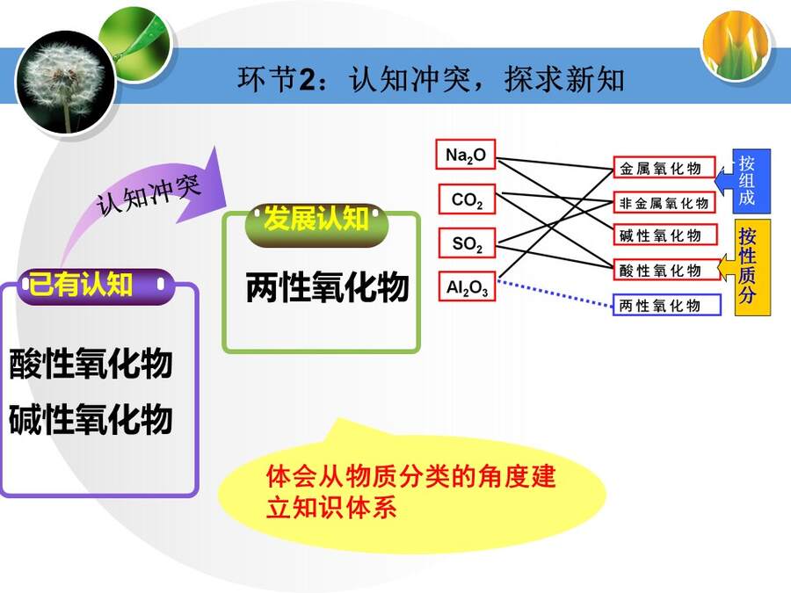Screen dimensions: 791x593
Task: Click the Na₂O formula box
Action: pos(466,155)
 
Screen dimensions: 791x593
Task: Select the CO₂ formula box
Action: pos(468,199)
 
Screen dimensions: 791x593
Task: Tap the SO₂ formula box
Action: pos(468,243)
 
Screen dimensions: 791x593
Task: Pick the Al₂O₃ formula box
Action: pos(468,286)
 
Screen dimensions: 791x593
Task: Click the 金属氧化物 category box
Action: pos(664,168)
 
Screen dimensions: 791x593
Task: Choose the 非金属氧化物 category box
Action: pos(664,203)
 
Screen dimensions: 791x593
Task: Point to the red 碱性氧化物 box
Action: pos(665,235)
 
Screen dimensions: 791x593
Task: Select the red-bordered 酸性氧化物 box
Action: pos(666,270)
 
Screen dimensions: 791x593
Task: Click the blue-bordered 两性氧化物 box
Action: pos(666,305)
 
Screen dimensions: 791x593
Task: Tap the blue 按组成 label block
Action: pos(751,181)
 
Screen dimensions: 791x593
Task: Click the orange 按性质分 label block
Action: pos(751,267)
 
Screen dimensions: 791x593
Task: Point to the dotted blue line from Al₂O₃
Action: pos(555,293)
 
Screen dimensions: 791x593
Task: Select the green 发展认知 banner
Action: pos(316,224)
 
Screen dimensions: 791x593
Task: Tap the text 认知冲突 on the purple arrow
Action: pos(149,195)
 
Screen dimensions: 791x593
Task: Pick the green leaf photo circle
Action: pos(136,42)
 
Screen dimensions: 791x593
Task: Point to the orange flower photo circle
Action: pos(736,45)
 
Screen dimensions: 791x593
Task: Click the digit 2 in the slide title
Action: pos(308,80)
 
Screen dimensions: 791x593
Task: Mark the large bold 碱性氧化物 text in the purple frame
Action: pos(91,420)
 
